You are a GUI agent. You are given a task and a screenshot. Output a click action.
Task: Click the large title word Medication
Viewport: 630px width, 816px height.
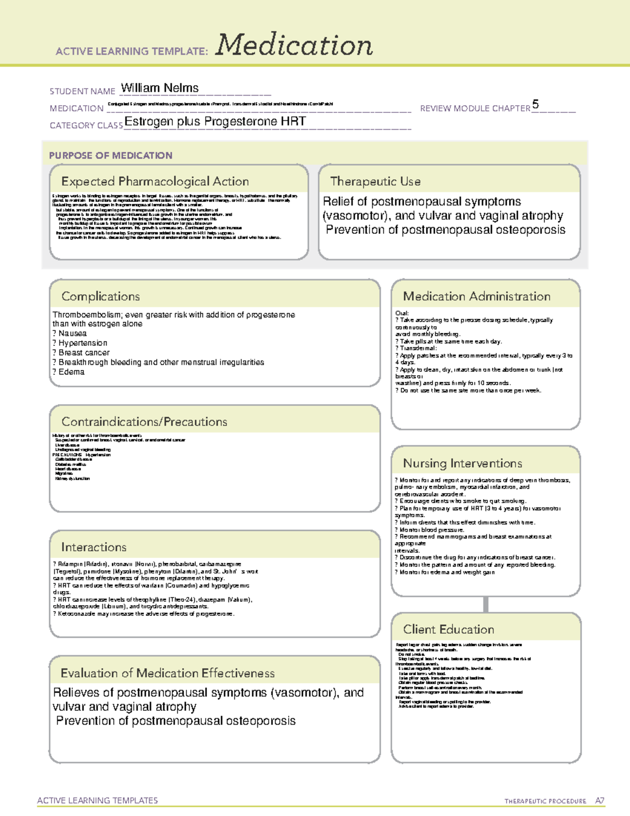click(x=294, y=46)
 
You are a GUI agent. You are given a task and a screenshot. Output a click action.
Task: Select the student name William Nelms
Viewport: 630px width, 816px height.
click(x=160, y=88)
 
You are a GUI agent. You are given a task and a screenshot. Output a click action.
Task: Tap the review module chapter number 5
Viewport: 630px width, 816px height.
click(x=535, y=104)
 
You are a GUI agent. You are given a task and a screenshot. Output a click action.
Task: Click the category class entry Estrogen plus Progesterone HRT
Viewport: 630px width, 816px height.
click(x=215, y=121)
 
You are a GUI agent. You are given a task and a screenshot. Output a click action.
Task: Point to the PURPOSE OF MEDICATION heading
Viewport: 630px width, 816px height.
click(x=111, y=156)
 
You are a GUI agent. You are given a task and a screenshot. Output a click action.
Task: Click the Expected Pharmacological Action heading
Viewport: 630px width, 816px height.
click(x=155, y=181)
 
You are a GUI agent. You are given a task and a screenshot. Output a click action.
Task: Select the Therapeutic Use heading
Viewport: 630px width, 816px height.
click(x=375, y=181)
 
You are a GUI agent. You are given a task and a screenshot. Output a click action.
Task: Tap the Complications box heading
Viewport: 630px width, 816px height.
click(x=101, y=296)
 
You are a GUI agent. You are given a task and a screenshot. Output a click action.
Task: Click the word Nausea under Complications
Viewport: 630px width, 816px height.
click(x=72, y=333)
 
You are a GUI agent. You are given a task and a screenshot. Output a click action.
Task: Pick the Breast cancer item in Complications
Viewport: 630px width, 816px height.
click(x=84, y=353)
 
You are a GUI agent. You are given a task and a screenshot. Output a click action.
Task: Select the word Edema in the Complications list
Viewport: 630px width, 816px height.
click(x=71, y=371)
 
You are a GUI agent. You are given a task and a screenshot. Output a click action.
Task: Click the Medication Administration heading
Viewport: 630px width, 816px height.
click(x=477, y=296)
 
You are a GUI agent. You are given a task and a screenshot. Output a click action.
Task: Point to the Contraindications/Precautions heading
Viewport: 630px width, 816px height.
click(x=144, y=422)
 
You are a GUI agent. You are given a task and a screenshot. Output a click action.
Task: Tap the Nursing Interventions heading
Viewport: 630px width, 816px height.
click(x=463, y=463)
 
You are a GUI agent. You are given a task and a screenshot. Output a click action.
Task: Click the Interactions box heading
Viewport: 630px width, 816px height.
click(x=94, y=547)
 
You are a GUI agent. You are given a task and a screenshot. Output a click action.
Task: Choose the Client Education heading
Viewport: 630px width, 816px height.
click(x=448, y=629)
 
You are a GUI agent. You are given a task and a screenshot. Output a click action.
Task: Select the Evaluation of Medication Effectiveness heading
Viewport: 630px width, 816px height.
click(x=167, y=673)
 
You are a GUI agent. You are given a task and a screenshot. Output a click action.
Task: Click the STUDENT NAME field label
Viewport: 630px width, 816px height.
click(x=82, y=91)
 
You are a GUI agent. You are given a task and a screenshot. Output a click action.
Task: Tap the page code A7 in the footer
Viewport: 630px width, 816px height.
click(x=600, y=801)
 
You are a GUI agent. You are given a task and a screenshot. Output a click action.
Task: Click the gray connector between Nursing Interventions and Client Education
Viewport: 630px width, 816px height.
click(x=486, y=604)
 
